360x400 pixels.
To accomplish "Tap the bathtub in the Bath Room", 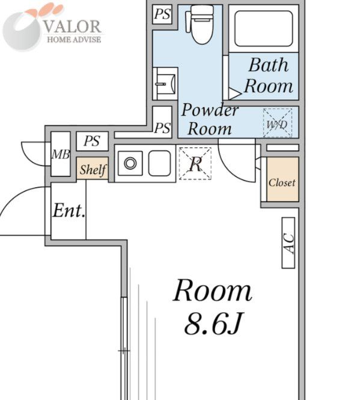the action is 263,29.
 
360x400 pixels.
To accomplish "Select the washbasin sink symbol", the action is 165,84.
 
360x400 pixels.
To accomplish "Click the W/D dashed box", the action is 278,123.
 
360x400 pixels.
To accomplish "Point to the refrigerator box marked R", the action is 195,163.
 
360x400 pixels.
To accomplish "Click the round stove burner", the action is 130,163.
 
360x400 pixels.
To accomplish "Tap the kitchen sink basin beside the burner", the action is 160,163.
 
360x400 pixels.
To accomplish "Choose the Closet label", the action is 282,183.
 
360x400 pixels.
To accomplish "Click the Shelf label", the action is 93,170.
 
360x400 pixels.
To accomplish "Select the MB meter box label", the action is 61,155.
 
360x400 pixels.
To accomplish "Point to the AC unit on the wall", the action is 288,243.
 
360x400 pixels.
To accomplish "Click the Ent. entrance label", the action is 69,211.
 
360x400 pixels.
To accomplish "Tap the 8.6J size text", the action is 213,324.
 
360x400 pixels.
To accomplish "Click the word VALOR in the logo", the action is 72,27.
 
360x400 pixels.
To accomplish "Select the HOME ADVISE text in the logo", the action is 74,40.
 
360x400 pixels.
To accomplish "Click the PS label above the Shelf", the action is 92,141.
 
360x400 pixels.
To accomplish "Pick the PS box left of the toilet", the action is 162,14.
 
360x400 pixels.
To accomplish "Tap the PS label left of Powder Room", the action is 162,128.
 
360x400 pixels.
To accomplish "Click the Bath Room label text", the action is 269,76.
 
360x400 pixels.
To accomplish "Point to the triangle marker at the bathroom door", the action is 234,93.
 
